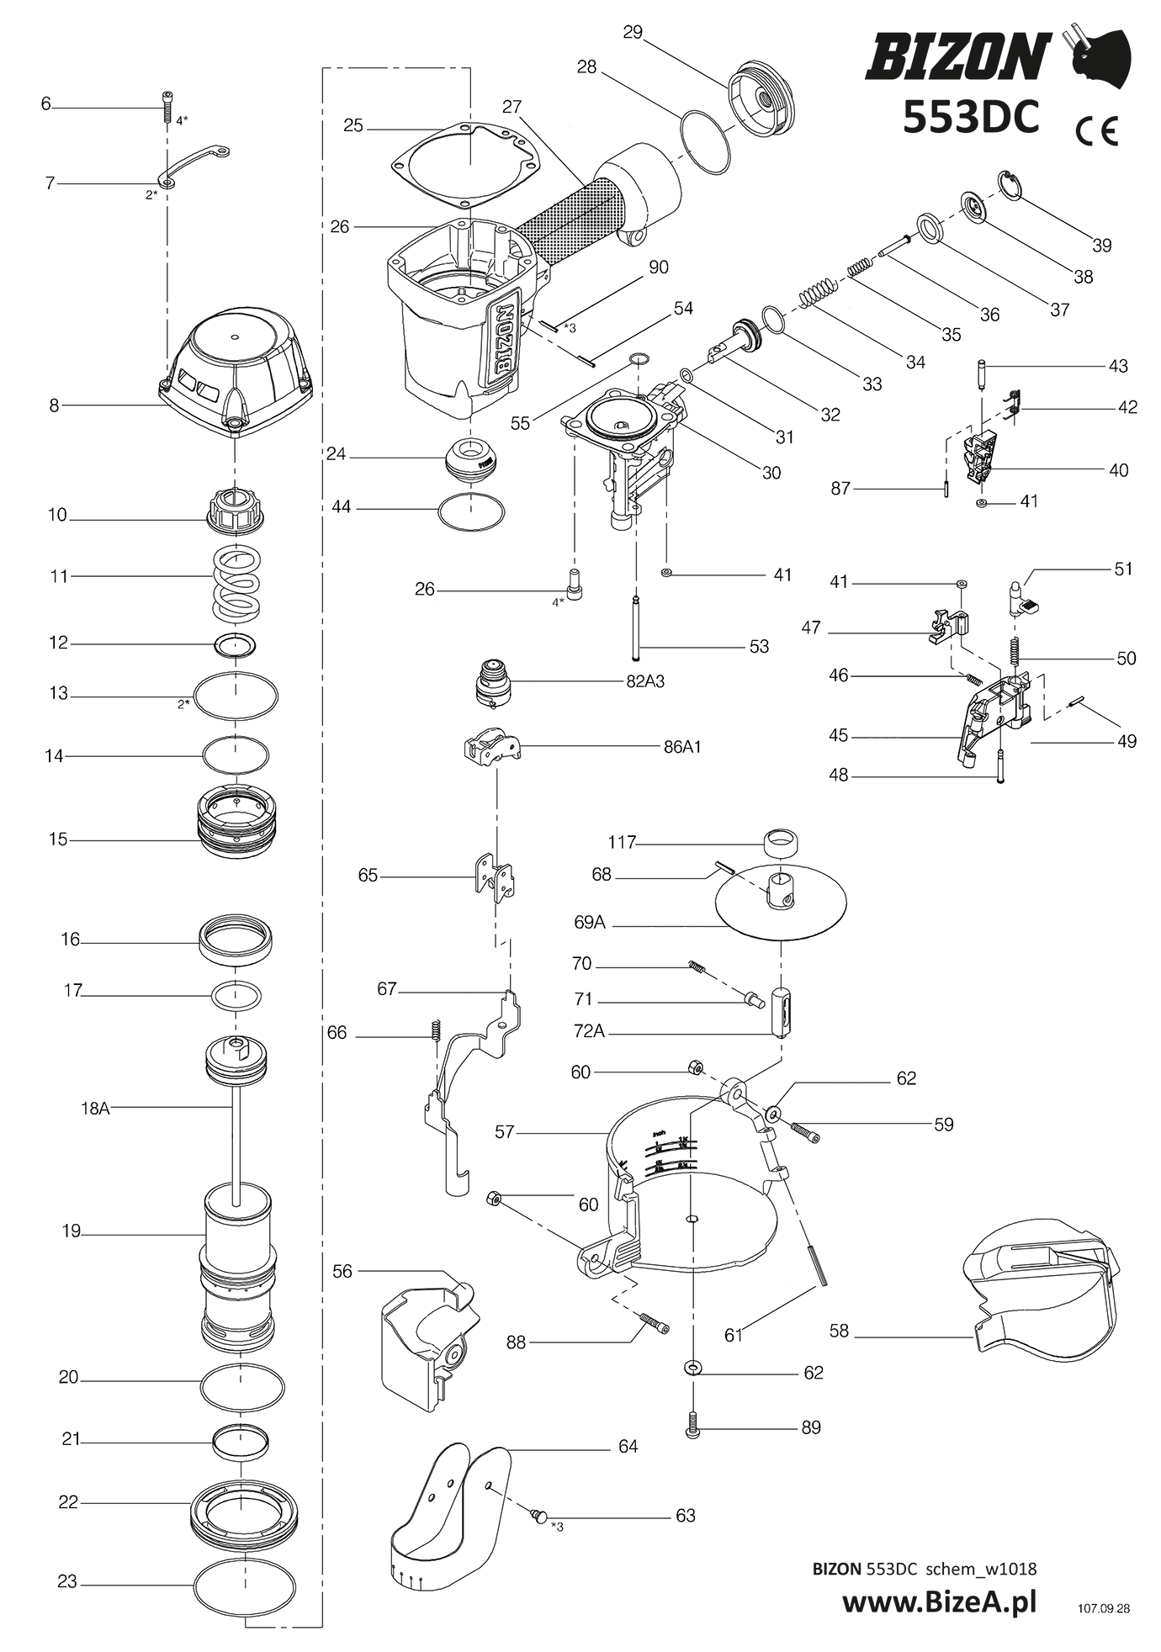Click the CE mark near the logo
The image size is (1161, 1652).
pyautogui.click(x=1098, y=130)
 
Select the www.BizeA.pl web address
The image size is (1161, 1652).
pyautogui.click(x=939, y=1602)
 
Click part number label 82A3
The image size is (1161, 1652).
pyautogui.click(x=644, y=681)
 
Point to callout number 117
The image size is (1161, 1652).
pyautogui.click(x=622, y=842)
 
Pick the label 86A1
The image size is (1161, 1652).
pyautogui.click(x=681, y=746)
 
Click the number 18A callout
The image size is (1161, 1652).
pyautogui.click(x=95, y=1109)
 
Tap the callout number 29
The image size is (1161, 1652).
pyautogui.click(x=633, y=32)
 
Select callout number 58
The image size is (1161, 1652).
pyautogui.click(x=839, y=1331)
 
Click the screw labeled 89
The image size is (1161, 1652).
pyautogui.click(x=692, y=1427)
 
